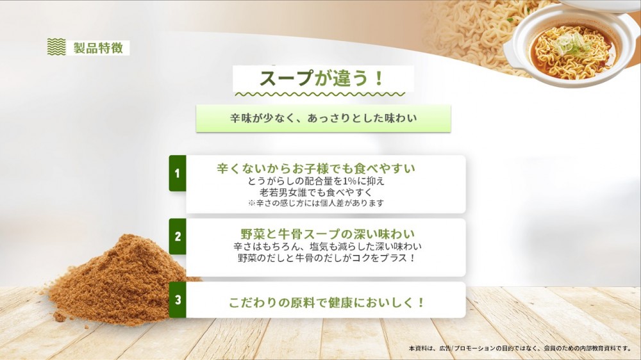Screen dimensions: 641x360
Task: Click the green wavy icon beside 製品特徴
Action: pos(56,47)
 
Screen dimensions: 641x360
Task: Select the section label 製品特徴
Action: pos(99,48)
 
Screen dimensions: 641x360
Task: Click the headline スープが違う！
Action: pos(322,78)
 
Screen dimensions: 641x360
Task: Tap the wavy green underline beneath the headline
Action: pos(320,94)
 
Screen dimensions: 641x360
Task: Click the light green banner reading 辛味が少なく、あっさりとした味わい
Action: pos(323,119)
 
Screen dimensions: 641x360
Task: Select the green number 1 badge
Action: pos(178,173)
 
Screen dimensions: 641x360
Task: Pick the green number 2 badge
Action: pos(178,236)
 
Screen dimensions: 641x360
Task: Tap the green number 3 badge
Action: pos(178,300)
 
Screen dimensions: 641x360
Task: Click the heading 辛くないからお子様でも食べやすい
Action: pos(316,168)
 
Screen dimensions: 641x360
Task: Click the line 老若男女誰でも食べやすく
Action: pos(315,192)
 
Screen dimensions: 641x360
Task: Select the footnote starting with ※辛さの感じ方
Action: pos(316,203)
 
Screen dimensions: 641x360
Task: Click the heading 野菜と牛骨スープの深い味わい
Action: pos(328,234)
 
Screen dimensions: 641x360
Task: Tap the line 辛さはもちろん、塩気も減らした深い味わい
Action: pos(328,247)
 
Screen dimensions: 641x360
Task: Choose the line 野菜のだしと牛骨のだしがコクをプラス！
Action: pos(327,258)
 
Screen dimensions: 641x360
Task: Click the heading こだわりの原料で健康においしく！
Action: pos(327,303)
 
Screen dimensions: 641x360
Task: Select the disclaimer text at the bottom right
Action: pos(520,348)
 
